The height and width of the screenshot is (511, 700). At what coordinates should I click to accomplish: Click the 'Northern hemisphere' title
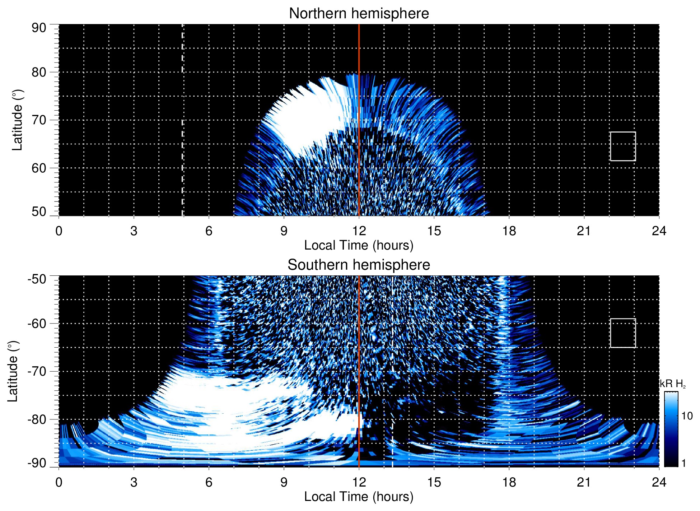(x=359, y=14)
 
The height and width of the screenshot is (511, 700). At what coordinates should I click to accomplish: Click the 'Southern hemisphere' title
(x=359, y=265)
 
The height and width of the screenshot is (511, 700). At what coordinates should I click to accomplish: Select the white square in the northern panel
(x=623, y=146)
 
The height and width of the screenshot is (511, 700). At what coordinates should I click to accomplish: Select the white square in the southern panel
(x=623, y=333)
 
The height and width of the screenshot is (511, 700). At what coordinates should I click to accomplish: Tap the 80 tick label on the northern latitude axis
(x=39, y=72)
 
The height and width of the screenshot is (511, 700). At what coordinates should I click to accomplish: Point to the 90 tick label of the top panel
(x=39, y=28)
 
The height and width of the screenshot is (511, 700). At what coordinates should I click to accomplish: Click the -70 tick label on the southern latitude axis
(x=37, y=371)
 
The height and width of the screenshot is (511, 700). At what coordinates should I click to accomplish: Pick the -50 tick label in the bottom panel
(x=37, y=279)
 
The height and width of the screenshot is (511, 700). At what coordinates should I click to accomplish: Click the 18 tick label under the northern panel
(x=509, y=231)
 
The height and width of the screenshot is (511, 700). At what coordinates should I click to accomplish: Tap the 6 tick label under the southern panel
(x=209, y=482)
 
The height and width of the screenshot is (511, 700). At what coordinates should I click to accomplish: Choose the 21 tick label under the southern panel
(x=584, y=482)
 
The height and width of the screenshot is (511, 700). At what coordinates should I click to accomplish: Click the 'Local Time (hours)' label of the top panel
(x=359, y=245)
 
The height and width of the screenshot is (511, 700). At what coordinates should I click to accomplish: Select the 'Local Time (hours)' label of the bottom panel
(x=359, y=497)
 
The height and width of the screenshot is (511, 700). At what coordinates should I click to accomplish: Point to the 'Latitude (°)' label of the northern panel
(x=17, y=120)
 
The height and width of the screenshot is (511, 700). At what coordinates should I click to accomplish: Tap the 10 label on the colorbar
(x=687, y=416)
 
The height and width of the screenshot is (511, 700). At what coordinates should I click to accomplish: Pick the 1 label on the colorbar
(x=683, y=463)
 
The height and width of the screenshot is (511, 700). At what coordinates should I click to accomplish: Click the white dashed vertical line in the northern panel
(x=182, y=108)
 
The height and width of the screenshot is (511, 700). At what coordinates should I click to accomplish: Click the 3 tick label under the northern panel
(x=134, y=231)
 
